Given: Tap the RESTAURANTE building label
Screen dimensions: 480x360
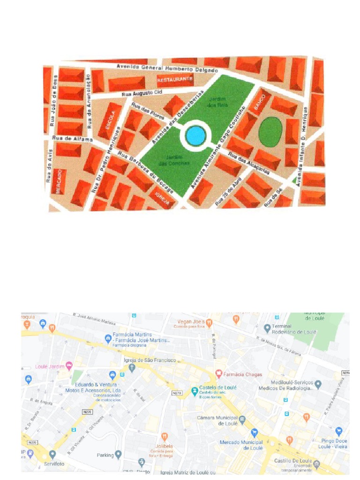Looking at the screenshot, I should [x=175, y=80].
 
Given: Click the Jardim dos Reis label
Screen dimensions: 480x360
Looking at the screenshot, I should [x=217, y=103].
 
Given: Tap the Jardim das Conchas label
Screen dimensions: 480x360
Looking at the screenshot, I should [x=167, y=160].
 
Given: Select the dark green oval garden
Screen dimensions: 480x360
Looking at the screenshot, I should [x=270, y=131].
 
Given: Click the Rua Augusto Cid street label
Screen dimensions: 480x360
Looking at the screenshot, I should [x=142, y=93].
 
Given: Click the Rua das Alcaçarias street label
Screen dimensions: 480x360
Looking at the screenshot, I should [x=248, y=164].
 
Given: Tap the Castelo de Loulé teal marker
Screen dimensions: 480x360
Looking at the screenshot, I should [x=194, y=390].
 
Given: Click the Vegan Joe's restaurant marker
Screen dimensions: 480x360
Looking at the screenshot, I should [x=209, y=322].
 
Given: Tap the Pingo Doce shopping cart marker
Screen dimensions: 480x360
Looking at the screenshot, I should [x=339, y=431].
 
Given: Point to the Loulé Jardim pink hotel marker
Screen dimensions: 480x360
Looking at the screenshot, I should [x=69, y=365].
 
